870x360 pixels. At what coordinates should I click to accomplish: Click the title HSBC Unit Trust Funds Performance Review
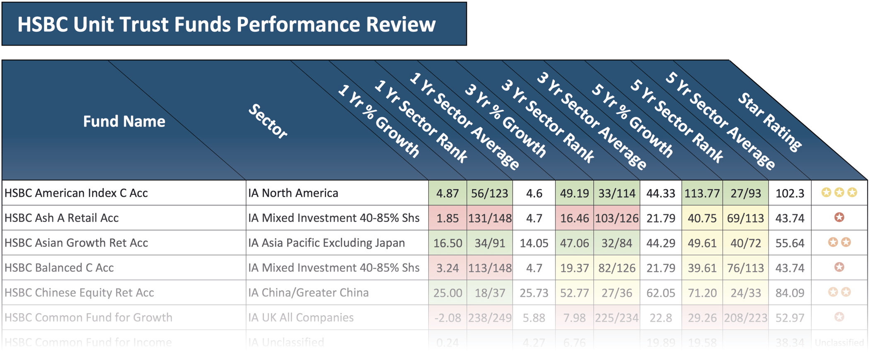[226, 24]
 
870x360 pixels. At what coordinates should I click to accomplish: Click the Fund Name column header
[124, 121]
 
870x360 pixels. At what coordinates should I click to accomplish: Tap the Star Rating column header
[770, 122]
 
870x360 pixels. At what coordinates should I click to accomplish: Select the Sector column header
[268, 121]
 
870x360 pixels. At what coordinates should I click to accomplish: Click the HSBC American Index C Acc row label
[76, 193]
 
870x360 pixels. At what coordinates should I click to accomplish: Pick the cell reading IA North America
[293, 193]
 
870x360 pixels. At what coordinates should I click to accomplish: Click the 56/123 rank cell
[489, 193]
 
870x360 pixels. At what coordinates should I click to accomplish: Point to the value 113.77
[702, 193]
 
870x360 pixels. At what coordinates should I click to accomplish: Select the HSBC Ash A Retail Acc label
[62, 218]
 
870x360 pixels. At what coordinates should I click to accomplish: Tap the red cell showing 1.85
[447, 218]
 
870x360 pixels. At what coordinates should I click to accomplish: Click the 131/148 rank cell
[490, 218]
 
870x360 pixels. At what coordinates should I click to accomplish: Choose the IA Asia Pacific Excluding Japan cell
[326, 243]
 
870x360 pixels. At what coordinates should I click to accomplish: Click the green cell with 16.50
[447, 243]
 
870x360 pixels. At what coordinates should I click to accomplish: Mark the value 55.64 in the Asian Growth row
[790, 243]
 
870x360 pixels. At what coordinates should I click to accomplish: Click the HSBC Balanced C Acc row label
[59, 268]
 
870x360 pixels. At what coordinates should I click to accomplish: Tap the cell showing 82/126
[616, 268]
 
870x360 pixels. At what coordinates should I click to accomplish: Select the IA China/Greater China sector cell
[308, 292]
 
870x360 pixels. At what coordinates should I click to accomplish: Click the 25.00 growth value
[447, 293]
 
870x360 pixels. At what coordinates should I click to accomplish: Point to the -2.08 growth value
[447, 318]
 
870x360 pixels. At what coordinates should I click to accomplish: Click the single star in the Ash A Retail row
[839, 217]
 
